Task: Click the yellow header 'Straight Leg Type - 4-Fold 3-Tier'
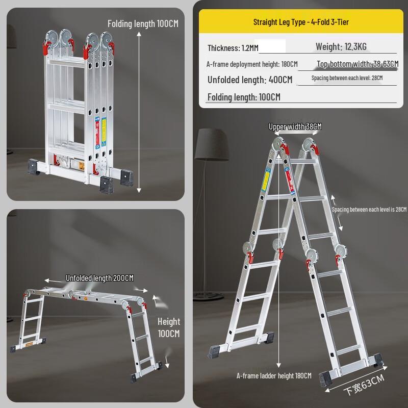[301, 22]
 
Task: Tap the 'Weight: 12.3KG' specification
[341, 47]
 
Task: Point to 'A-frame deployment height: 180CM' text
[251, 64]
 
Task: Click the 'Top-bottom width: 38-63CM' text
[357, 64]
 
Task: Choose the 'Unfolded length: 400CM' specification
[250, 80]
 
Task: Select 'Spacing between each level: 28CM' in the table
[347, 78]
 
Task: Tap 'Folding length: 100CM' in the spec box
[244, 97]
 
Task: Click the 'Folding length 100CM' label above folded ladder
[143, 23]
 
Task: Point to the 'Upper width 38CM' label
[295, 126]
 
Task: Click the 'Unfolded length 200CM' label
[99, 278]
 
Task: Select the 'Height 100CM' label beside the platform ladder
[168, 327]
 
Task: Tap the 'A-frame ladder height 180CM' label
[273, 376]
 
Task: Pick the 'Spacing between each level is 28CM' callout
[369, 210]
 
